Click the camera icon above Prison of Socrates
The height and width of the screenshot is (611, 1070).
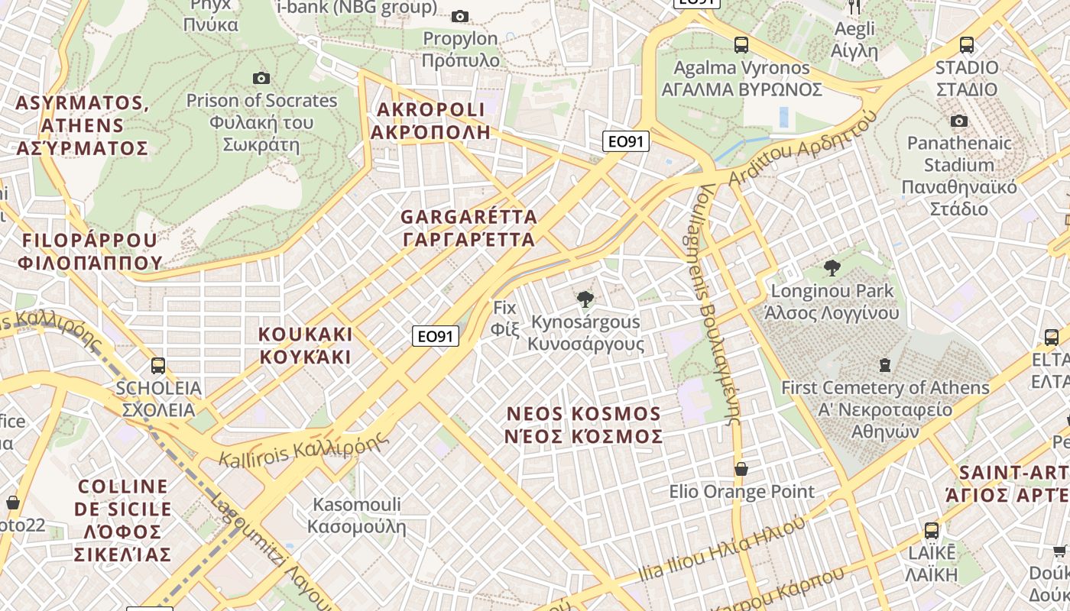[x=261, y=78]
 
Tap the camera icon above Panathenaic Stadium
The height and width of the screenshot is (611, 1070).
[x=959, y=121]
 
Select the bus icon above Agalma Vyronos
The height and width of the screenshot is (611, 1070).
[x=741, y=45]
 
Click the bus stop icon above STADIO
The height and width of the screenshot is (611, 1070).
[x=967, y=45]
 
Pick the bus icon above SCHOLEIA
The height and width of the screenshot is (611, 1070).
[x=158, y=365]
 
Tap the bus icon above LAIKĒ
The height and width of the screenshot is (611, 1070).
[x=932, y=531]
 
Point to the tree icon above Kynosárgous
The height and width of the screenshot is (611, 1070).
[x=585, y=299]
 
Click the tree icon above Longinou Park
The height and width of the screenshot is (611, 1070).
[x=832, y=268]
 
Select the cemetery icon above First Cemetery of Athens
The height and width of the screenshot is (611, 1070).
[x=885, y=365]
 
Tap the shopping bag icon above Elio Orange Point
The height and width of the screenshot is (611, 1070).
[x=741, y=468]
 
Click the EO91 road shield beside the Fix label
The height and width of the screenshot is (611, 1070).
[x=436, y=336]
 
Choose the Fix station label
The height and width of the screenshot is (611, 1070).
[x=505, y=318]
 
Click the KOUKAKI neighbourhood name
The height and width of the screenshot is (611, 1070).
[x=305, y=345]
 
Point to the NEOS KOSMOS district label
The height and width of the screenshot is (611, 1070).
[x=584, y=425]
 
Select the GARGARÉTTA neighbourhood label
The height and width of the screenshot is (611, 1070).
[x=469, y=228]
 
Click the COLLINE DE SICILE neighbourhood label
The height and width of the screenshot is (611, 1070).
[x=123, y=519]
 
